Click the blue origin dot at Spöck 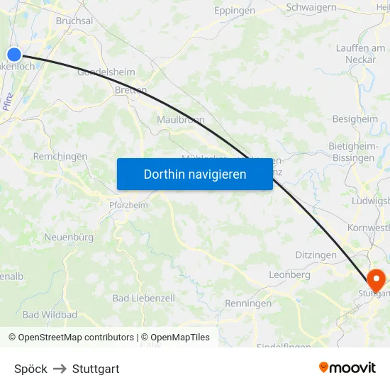click(14, 55)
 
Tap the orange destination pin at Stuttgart click(376, 277)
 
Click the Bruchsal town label click(74, 21)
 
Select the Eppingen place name click(235, 11)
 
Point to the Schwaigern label click(311, 7)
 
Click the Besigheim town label click(355, 119)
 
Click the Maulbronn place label click(181, 120)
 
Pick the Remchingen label click(60, 156)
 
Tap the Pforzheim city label click(128, 206)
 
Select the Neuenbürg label click(69, 237)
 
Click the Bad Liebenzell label click(143, 299)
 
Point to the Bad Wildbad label click(50, 314)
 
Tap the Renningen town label click(248, 303)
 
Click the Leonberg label click(289, 274)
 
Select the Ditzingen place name click(316, 255)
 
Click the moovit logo click(347, 368)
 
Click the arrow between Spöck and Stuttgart click(60, 369)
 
